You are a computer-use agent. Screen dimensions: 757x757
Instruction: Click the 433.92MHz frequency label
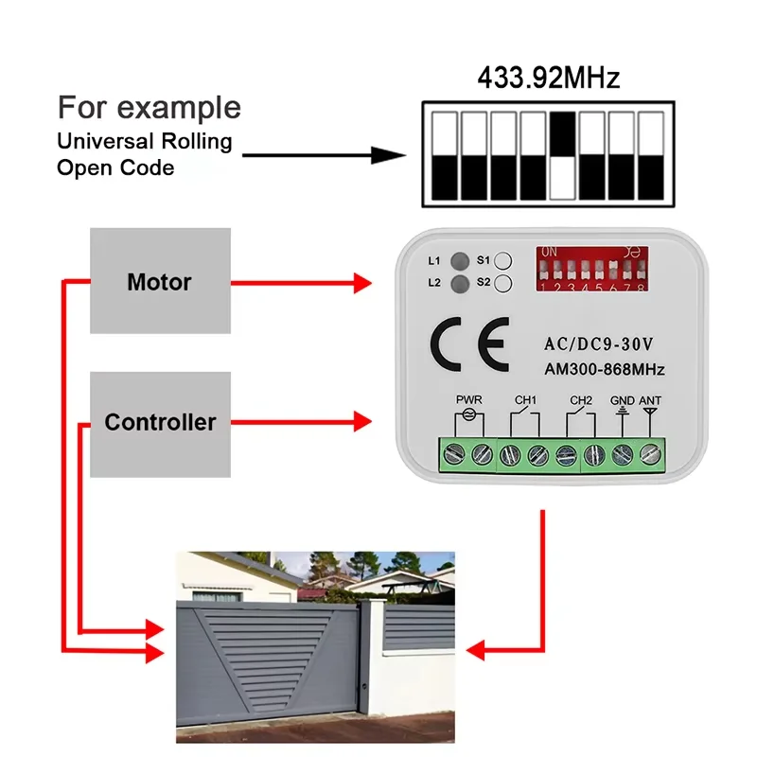pyautogui.click(x=548, y=77)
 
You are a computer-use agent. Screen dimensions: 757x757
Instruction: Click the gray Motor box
pyautogui.click(x=159, y=281)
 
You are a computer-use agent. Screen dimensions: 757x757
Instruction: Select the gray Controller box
pyautogui.click(x=159, y=422)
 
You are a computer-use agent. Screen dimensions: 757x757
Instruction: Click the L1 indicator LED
pyautogui.click(x=461, y=260)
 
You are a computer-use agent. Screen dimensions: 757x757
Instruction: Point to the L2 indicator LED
pyautogui.click(x=461, y=283)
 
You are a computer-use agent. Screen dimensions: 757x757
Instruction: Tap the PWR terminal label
pyautogui.click(x=469, y=400)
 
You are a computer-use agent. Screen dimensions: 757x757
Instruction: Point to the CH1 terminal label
pyautogui.click(x=525, y=400)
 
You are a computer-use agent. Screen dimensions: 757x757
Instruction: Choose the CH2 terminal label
pyautogui.click(x=580, y=400)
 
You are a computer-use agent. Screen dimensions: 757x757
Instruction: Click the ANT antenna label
pyautogui.click(x=650, y=400)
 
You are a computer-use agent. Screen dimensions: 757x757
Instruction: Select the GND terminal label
pyautogui.click(x=622, y=400)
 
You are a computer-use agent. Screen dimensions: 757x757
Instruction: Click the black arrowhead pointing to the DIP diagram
pyautogui.click(x=387, y=155)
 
